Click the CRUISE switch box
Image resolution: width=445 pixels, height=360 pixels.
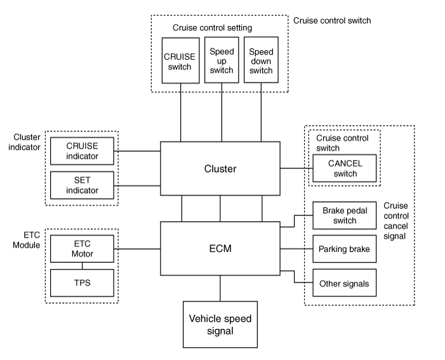coord(180,61)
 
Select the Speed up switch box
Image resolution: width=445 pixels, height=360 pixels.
coord(221,61)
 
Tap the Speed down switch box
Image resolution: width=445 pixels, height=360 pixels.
coord(262,61)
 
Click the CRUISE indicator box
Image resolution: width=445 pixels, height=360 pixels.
coord(82,151)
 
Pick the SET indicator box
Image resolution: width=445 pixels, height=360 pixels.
coord(82,185)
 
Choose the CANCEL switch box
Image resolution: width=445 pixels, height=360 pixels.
coord(344,168)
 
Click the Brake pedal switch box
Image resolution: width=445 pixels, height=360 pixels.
coord(344,216)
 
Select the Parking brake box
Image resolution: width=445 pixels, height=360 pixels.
coord(344,249)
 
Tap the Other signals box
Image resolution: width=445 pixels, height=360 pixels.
coord(344,283)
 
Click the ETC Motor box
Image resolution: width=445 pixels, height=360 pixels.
coord(82,250)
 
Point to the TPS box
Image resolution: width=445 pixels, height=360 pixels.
coord(82,283)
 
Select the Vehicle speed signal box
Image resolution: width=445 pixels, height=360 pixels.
coord(221,323)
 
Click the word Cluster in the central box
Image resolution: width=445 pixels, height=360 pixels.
coord(220,168)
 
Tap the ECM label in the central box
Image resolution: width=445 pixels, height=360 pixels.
coord(220,248)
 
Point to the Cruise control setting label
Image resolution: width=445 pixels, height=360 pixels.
coord(212,28)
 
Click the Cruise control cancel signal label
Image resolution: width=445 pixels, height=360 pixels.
coord(397,220)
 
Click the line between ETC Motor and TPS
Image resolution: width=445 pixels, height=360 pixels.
coord(82,267)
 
